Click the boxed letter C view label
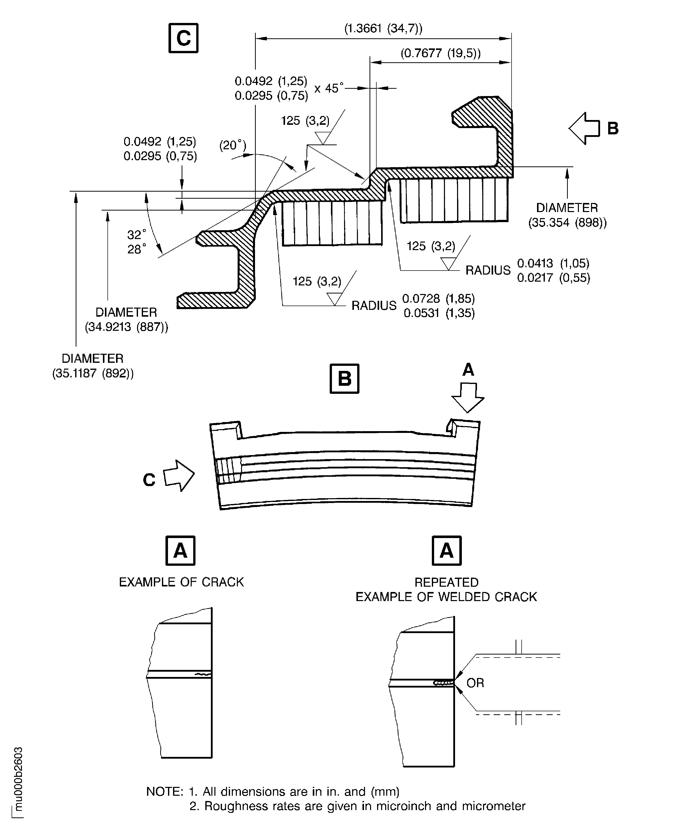tap(183, 38)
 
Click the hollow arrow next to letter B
tap(584, 129)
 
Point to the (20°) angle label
tap(233, 146)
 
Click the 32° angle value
tap(136, 235)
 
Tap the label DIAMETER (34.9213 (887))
tap(126, 319)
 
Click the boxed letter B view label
tap(344, 378)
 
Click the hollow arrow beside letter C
tap(179, 476)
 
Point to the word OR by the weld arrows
tap(475, 683)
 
